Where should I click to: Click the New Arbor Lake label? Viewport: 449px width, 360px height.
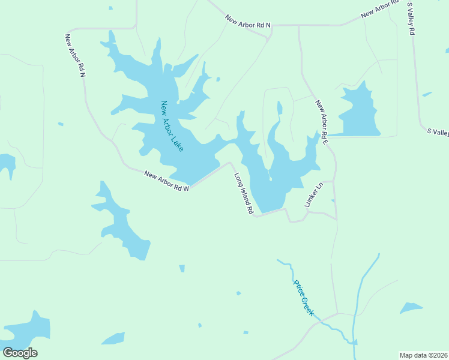172,125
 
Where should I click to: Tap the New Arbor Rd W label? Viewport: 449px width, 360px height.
167,181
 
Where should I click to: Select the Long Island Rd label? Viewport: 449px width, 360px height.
244,194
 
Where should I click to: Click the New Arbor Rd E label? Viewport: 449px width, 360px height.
322,122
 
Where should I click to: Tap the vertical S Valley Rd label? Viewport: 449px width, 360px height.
411,19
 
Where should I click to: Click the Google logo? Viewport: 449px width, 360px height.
20,353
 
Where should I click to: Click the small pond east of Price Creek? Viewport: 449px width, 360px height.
411,308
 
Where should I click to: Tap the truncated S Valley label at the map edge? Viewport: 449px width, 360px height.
438,132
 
